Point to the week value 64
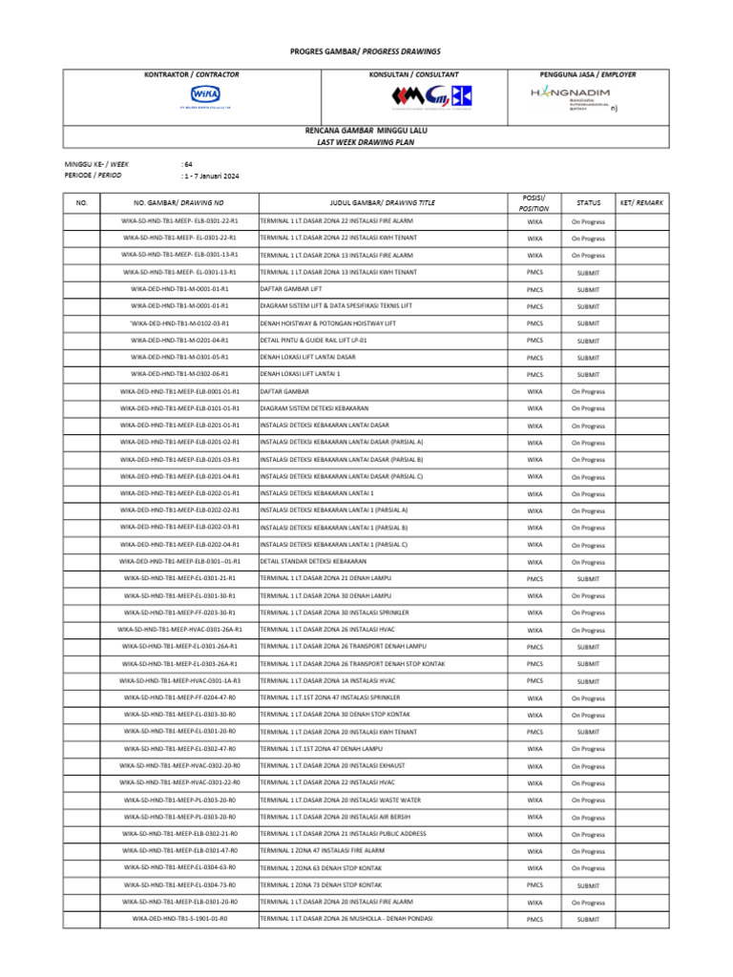tap(187, 164)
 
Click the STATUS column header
tap(588, 202)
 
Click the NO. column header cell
tap(81, 202)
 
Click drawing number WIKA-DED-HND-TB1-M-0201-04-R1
tap(179, 341)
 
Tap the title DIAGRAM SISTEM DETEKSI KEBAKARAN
tap(314, 408)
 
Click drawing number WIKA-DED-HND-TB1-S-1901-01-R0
tap(179, 919)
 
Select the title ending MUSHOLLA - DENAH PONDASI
tap(346, 919)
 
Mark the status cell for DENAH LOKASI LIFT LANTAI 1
tap(588, 375)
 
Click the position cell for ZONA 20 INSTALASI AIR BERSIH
tap(534, 818)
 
